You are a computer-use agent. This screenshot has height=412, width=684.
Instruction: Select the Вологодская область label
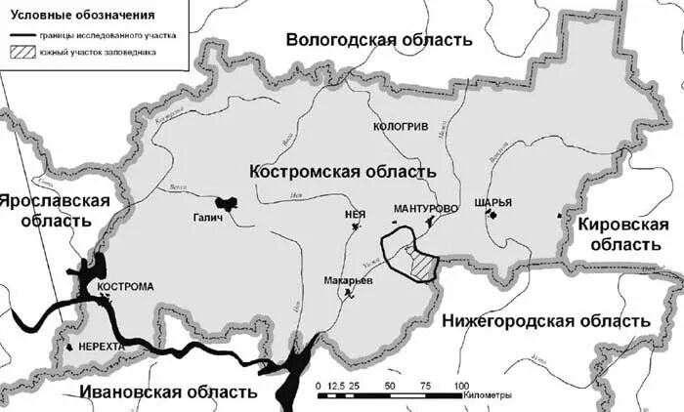(378, 40)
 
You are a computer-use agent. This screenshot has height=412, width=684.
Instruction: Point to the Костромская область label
(342, 171)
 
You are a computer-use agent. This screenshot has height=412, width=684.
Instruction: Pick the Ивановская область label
(167, 392)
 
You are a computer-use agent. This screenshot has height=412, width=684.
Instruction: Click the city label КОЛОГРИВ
(402, 127)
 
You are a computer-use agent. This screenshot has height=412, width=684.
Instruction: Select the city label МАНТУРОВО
(425, 209)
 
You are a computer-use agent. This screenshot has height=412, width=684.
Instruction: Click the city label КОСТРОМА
(126, 287)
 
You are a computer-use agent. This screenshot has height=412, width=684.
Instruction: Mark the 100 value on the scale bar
(460, 385)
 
